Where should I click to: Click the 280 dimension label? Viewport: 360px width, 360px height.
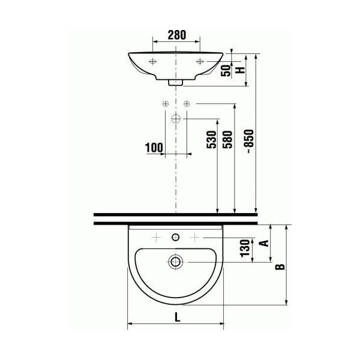click(176, 35)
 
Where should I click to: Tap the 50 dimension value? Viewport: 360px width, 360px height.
click(226, 70)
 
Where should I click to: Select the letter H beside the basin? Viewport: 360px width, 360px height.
click(241, 70)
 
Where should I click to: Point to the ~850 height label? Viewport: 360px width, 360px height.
click(249, 141)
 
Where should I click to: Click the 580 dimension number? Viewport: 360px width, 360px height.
click(227, 139)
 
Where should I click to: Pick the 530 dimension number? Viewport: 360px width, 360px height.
click(211, 140)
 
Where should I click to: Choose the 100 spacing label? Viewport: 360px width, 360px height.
click(154, 148)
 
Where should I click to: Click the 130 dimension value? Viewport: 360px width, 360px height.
click(245, 248)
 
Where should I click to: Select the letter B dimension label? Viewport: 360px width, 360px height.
click(280, 266)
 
